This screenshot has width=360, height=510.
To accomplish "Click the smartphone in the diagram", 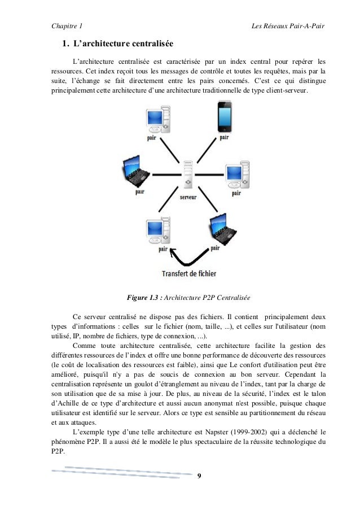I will click(224, 117).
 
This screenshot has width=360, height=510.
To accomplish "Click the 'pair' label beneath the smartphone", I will click(224, 137).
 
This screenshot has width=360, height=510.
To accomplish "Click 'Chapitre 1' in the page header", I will click(66, 26).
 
